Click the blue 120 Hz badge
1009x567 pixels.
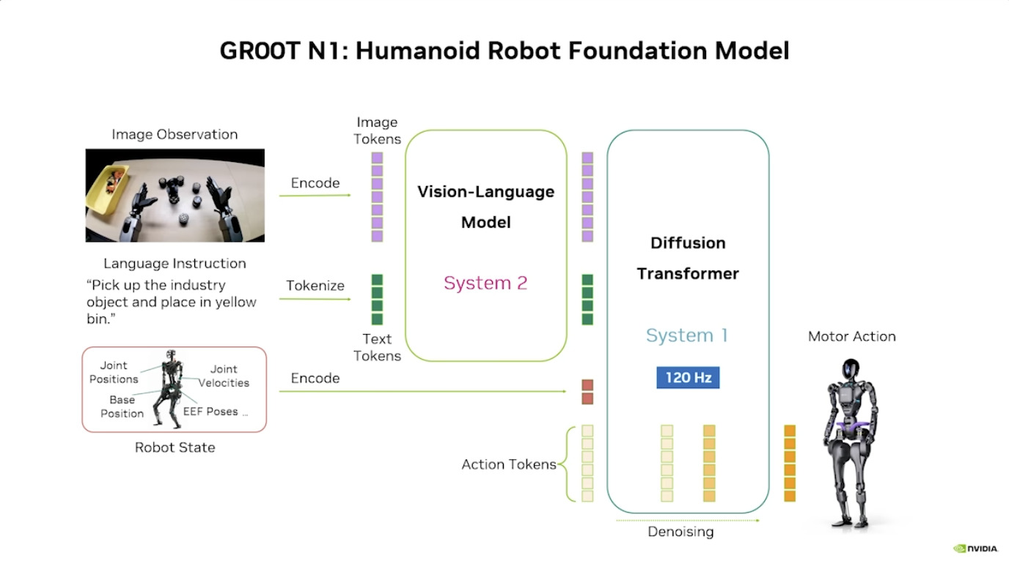click(x=688, y=377)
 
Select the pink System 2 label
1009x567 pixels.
click(x=485, y=283)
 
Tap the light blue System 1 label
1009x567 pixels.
click(x=687, y=336)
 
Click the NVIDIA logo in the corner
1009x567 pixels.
click(x=975, y=548)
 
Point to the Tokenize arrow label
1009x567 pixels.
click(x=315, y=286)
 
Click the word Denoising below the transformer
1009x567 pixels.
click(x=680, y=532)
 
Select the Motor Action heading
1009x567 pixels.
click(x=851, y=336)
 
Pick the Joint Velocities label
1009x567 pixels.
click(x=224, y=376)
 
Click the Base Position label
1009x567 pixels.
click(x=122, y=407)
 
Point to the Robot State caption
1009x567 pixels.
click(x=175, y=448)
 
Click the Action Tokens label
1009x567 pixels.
click(x=509, y=464)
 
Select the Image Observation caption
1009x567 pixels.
click(x=175, y=134)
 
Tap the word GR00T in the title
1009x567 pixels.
click(x=258, y=51)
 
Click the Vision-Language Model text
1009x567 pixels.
click(x=485, y=207)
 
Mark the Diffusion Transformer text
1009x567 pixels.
click(x=688, y=258)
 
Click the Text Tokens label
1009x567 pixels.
click(x=377, y=347)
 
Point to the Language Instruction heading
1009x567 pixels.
click(x=175, y=264)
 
